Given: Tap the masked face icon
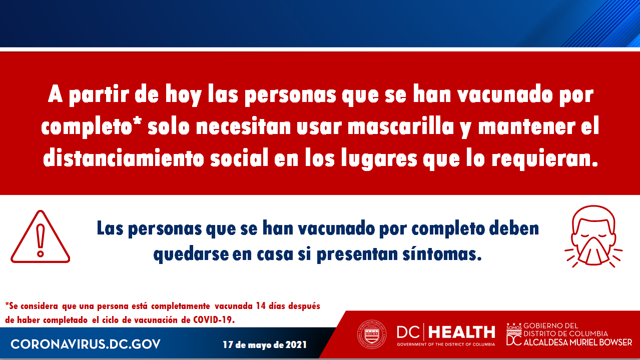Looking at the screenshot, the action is point(593,236).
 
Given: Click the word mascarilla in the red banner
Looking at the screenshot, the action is point(401,126).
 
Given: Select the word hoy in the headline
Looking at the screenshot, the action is point(184,94).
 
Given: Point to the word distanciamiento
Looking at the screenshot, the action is point(124,157).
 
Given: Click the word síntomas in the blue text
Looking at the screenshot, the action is point(442,253).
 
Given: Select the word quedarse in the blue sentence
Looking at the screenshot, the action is point(191,254).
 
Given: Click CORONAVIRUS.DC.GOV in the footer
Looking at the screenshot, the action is point(86,344).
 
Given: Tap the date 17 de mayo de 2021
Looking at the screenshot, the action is point(265,345).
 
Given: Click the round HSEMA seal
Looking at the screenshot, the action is point(372,334).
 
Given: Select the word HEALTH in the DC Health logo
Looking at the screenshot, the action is point(462,332).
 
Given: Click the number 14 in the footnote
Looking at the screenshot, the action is point(261,306).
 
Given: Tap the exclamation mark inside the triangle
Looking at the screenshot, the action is point(41,240).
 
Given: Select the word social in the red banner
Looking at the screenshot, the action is point(239,157).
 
